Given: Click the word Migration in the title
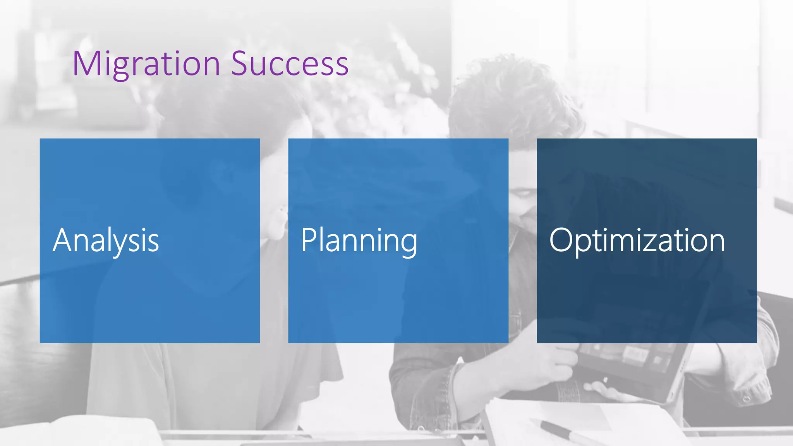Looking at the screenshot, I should pyautogui.click(x=146, y=64).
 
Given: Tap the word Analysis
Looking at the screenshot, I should pyautogui.click(x=106, y=240).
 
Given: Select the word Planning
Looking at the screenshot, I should pyautogui.click(x=359, y=240).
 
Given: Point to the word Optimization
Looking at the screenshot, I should pyautogui.click(x=637, y=240).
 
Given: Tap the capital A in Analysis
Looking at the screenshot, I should pyautogui.click(x=64, y=240).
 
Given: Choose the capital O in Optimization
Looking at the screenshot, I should pyautogui.click(x=561, y=240).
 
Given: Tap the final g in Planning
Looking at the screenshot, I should pyautogui.click(x=408, y=245).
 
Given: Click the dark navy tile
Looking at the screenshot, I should pyautogui.click(x=647, y=302).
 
